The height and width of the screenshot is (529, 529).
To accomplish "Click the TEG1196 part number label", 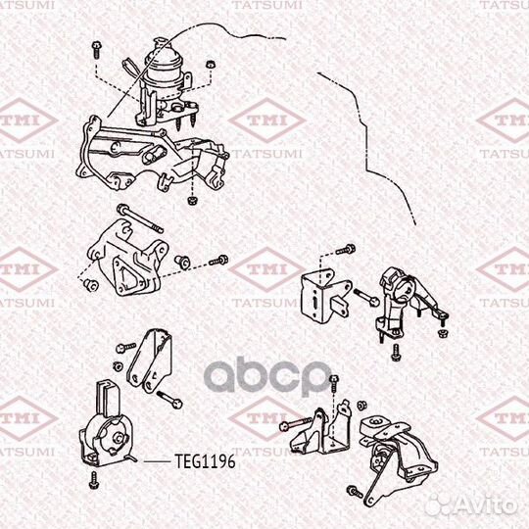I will tap(203, 457).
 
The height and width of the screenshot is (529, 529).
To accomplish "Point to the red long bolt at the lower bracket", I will tap(298, 424).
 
